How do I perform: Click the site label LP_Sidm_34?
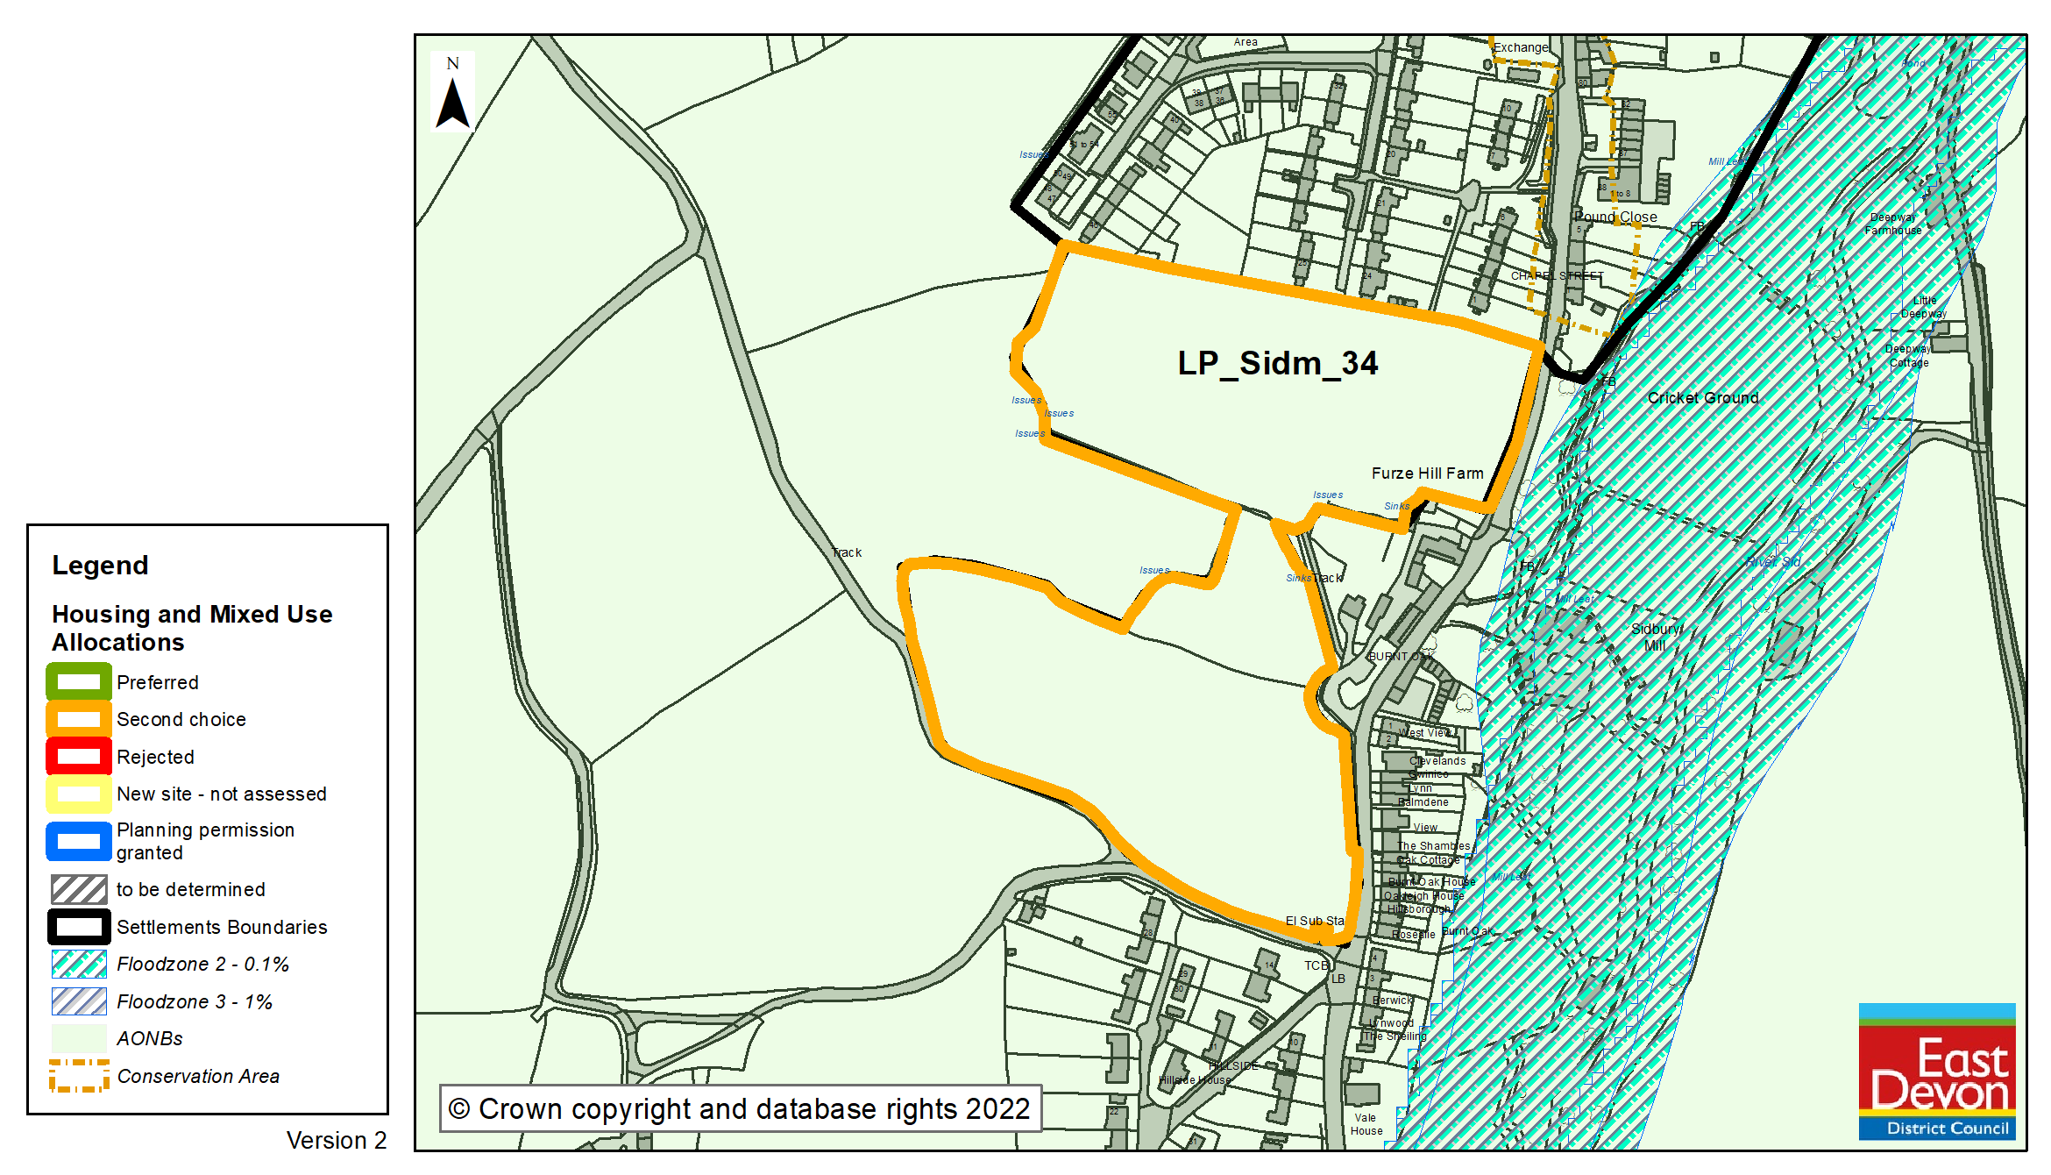pos(1277,363)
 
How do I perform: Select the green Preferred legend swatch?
pos(79,681)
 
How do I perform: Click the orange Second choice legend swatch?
pos(79,719)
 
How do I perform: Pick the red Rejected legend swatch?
pos(79,757)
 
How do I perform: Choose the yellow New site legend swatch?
pos(79,794)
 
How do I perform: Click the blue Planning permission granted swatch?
pos(79,841)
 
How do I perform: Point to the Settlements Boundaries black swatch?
pos(79,927)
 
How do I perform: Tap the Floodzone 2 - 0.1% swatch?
pos(79,964)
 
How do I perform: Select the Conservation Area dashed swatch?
pos(79,1075)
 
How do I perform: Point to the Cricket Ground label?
pos(1702,398)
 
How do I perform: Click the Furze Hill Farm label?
pos(1427,474)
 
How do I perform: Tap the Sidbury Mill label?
pos(1656,637)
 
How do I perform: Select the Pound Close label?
pos(1615,217)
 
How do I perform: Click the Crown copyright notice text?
pos(740,1109)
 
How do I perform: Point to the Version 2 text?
pos(336,1140)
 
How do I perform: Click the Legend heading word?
pos(100,566)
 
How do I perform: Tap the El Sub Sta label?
pos(1314,921)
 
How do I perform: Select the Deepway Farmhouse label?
pos(1893,224)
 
